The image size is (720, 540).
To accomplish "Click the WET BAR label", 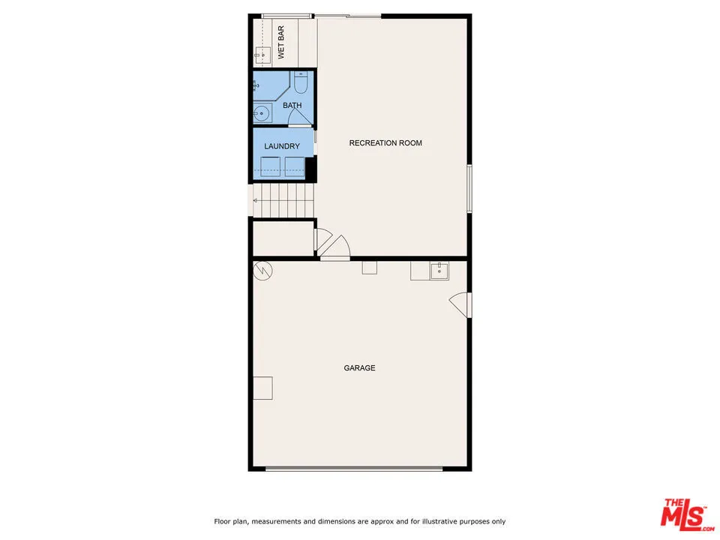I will (x=281, y=43).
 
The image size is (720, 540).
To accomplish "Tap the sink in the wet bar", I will (x=262, y=55).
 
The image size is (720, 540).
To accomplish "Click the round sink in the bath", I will (x=261, y=114).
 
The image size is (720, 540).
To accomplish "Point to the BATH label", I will (x=292, y=106).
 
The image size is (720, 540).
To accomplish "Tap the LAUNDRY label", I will (x=282, y=146).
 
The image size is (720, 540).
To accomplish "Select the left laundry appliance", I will (x=269, y=166).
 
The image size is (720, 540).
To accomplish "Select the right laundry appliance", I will (x=295, y=166).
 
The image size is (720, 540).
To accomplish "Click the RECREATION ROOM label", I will (x=385, y=143).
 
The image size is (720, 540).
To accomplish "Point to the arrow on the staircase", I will (x=255, y=200).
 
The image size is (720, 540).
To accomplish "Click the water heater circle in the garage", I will (x=262, y=270).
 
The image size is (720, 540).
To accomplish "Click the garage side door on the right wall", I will (x=460, y=304).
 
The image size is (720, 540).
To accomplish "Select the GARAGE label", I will (x=359, y=368).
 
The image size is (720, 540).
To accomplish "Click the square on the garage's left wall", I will (x=262, y=388).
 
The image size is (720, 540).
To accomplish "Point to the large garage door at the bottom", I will (x=354, y=469).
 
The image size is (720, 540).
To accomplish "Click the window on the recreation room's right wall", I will (x=469, y=187).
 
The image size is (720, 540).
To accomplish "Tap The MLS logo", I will (x=684, y=514).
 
